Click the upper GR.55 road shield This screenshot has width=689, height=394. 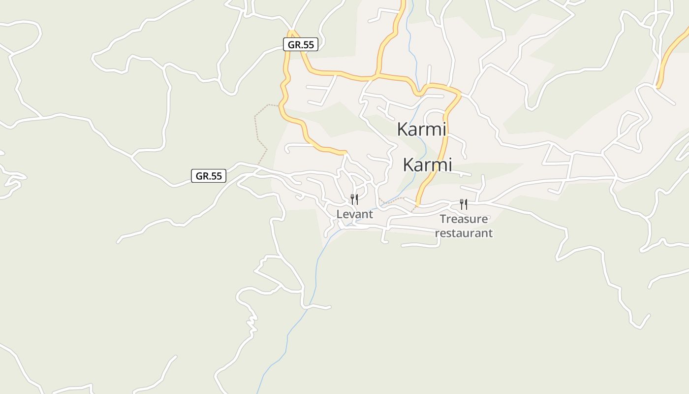[301, 44]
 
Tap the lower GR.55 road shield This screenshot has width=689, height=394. [209, 176]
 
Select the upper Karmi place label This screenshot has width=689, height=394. [421, 130]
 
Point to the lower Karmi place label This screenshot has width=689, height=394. [427, 165]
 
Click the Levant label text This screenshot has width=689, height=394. [354, 214]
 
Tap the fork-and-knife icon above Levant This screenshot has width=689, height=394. [354, 199]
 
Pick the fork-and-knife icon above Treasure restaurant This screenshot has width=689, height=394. [463, 204]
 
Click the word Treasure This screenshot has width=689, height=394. [464, 219]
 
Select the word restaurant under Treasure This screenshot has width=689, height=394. [464, 233]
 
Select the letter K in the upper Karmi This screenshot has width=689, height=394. [402, 130]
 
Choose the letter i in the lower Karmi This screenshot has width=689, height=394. [449, 165]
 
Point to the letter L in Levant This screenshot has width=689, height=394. [339, 214]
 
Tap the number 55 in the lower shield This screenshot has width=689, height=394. [216, 176]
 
